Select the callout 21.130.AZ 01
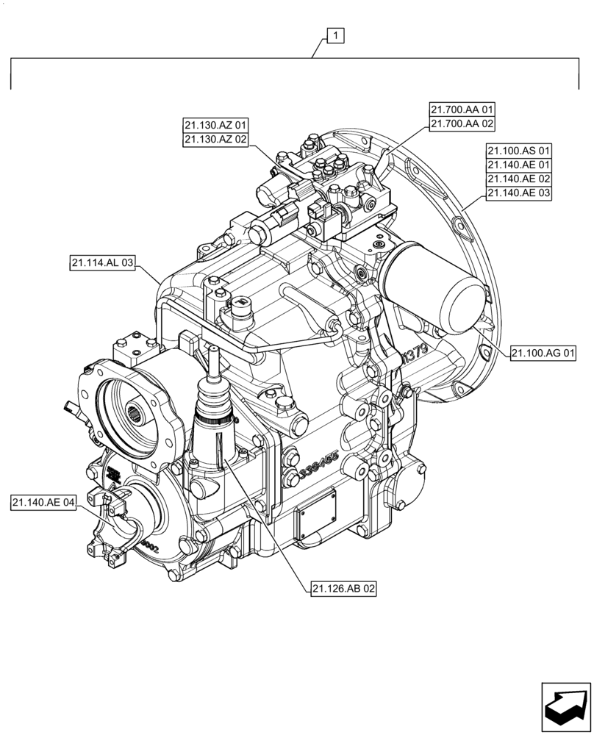click(x=217, y=124)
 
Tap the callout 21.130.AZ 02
click(x=217, y=139)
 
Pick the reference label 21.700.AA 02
click(x=462, y=124)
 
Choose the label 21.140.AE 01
click(x=518, y=165)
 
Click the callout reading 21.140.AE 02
click(x=518, y=179)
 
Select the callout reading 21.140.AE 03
click(x=518, y=193)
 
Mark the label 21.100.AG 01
click(x=543, y=354)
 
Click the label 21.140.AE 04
click(x=44, y=503)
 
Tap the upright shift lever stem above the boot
click(x=214, y=364)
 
